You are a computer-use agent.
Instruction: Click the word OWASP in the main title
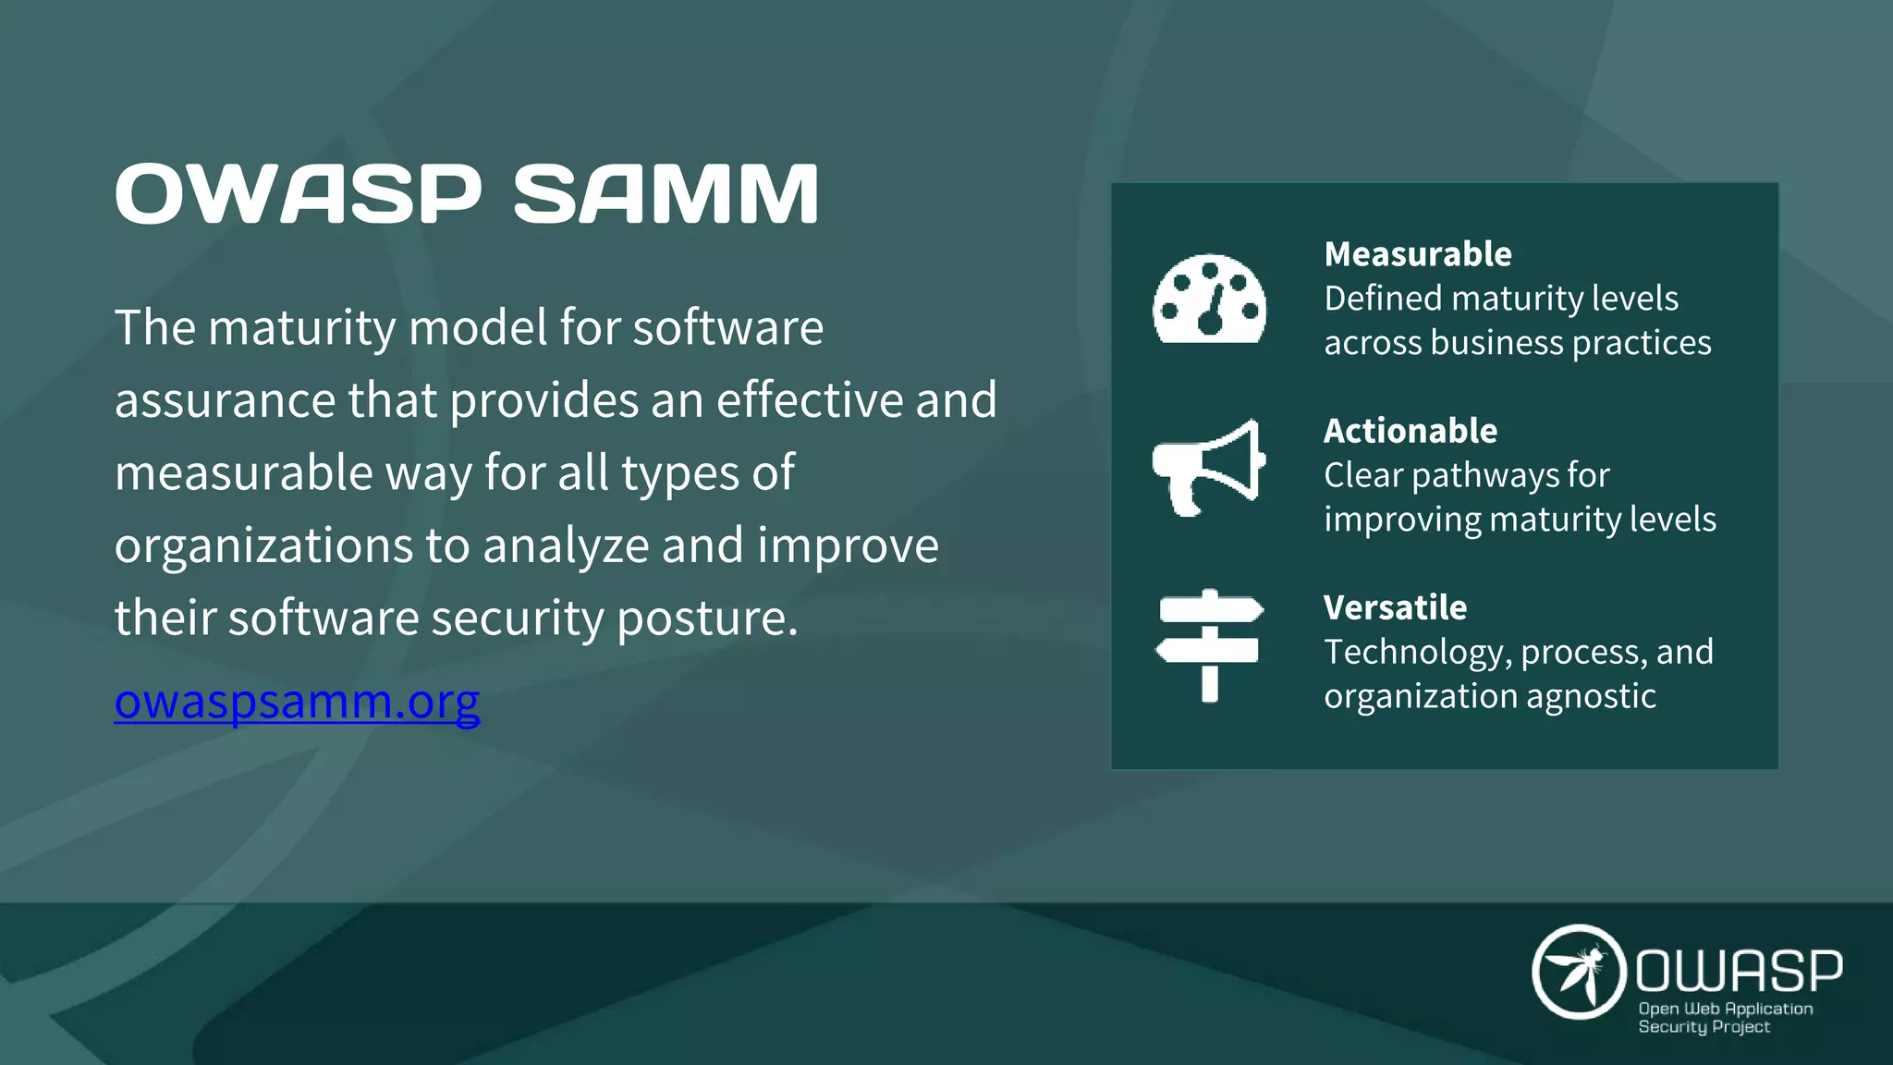(298, 194)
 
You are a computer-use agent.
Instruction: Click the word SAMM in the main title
(666, 194)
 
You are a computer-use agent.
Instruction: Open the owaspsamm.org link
(297, 701)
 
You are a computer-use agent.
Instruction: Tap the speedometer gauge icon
(1209, 300)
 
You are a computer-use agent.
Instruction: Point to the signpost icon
(1209, 644)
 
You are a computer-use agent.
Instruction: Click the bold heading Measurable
(1417, 254)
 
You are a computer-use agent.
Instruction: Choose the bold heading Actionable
(1410, 431)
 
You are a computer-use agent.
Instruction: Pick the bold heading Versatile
(1395, 607)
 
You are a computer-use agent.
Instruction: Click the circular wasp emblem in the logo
(1579, 972)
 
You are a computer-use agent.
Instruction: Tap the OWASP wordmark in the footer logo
(1739, 971)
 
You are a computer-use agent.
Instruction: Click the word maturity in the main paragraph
(301, 328)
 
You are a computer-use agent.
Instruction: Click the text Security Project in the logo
(1704, 1027)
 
